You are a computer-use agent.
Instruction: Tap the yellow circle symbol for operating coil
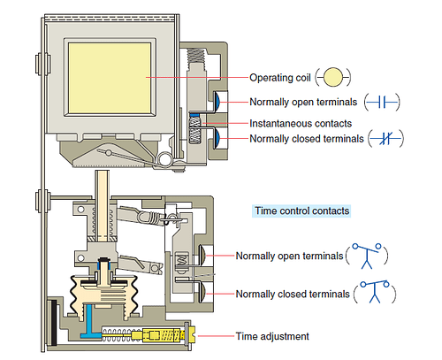pos(331,77)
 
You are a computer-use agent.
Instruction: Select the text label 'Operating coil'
pos(280,77)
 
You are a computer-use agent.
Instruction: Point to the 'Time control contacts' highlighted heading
pos(301,211)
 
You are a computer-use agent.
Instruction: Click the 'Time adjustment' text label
pos(272,337)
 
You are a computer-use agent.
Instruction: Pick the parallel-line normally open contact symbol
pos(384,101)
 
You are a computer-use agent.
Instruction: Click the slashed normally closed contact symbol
pos(385,140)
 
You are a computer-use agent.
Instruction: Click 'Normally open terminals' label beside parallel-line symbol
pos(305,101)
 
